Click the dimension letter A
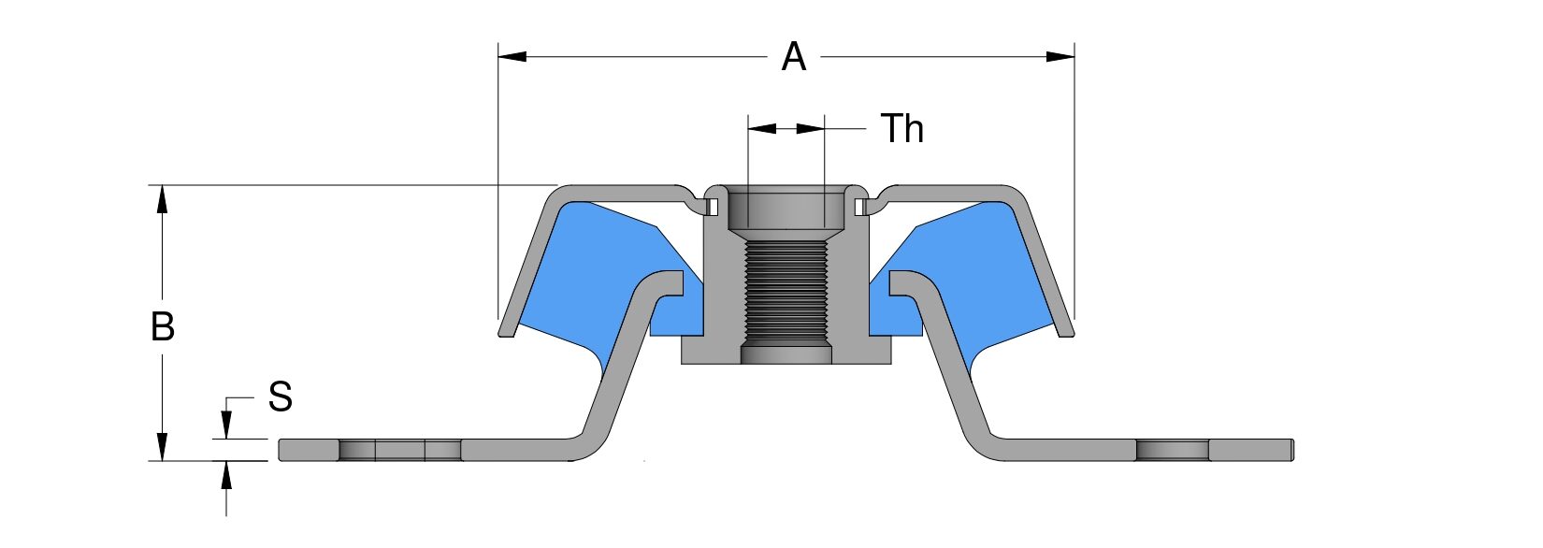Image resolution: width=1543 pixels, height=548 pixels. (793, 58)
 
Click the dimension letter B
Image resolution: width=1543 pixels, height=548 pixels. (163, 327)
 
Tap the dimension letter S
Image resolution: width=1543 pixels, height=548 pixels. (280, 397)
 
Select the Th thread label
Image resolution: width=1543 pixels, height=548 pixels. (902, 128)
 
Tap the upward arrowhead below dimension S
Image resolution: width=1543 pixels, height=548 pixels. (225, 475)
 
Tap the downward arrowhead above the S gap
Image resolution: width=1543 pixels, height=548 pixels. (225, 425)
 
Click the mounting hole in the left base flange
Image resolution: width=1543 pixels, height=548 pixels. (399, 450)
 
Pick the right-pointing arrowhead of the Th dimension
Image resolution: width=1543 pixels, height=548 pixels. (811, 128)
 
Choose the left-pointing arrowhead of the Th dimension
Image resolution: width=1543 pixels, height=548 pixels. (762, 128)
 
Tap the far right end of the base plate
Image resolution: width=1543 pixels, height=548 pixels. (1291, 450)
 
